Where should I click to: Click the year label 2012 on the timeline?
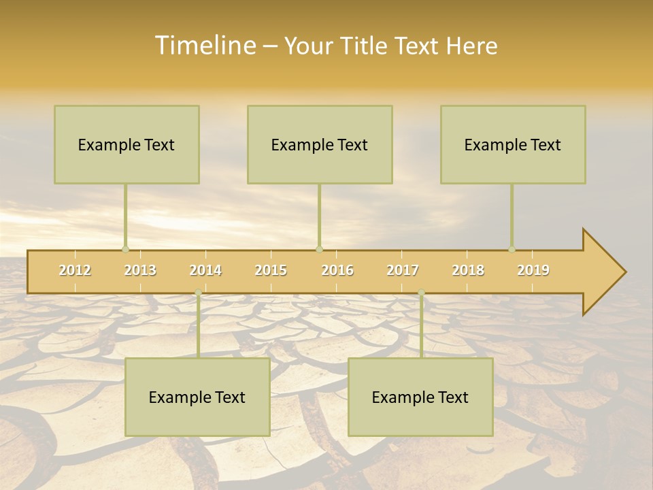75,270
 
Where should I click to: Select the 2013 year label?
140,270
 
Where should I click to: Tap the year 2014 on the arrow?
205,270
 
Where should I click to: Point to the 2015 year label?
271,270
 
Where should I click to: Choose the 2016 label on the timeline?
337,270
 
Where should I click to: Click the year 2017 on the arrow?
403,270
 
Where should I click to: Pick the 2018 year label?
468,270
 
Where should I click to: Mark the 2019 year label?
533,270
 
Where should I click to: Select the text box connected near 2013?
127,144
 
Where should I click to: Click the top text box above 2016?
320,144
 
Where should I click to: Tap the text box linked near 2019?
513,144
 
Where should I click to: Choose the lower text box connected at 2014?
197,397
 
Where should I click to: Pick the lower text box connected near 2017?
420,397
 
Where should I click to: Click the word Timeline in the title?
204,46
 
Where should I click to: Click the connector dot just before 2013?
125,249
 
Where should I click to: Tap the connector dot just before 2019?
512,249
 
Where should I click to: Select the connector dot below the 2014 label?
198,293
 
